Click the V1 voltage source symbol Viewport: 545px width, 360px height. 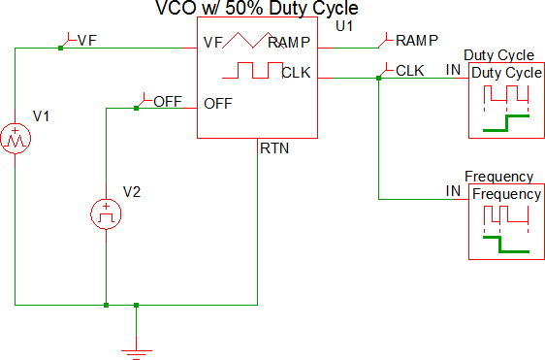[x=16, y=138]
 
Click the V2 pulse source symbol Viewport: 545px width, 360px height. [x=106, y=213]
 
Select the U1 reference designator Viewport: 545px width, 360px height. [x=344, y=26]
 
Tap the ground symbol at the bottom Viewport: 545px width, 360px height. [x=136, y=354]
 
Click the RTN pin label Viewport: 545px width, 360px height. [x=274, y=148]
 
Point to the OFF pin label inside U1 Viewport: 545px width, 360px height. [x=218, y=104]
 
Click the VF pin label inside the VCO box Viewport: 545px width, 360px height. [x=212, y=43]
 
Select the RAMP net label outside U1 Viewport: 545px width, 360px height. [x=417, y=41]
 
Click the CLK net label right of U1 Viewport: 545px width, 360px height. [x=410, y=71]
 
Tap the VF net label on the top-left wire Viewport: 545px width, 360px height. [x=87, y=41]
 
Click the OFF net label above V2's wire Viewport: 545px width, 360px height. [x=168, y=102]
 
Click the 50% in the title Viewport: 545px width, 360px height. [x=244, y=8]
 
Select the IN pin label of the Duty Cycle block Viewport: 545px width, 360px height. [x=453, y=70]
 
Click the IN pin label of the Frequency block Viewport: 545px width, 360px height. [x=453, y=191]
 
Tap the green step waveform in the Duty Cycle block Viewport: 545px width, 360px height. [x=506, y=123]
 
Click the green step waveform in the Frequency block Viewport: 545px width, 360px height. [x=506, y=245]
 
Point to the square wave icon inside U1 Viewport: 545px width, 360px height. [x=253, y=70]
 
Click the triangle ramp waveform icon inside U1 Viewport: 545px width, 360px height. [x=253, y=40]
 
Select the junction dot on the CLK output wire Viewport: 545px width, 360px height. [x=379, y=79]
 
